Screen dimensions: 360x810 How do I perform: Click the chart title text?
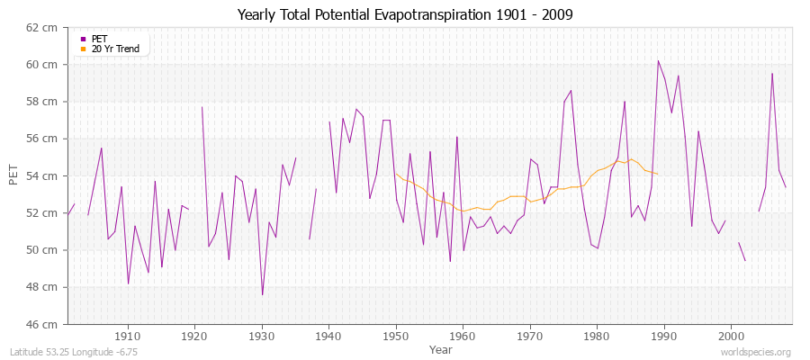tap(404, 14)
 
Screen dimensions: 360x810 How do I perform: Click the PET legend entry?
tap(99, 39)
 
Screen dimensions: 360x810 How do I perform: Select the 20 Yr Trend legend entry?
tap(115, 49)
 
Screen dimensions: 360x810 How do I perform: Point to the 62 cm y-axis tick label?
tap(44, 28)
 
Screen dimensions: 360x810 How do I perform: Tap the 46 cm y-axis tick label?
tap(44, 324)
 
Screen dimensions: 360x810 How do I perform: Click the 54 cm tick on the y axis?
tap(44, 175)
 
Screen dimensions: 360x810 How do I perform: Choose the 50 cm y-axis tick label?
tap(44, 250)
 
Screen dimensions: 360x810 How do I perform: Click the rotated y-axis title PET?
tap(13, 175)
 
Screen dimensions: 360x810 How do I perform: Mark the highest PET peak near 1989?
tap(658, 60)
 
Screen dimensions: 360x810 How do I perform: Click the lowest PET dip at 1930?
tap(262, 294)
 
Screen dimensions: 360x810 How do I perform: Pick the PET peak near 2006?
tap(771, 74)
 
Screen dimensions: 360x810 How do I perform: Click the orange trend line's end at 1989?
tap(658, 174)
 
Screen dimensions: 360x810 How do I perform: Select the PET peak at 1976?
tap(571, 90)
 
